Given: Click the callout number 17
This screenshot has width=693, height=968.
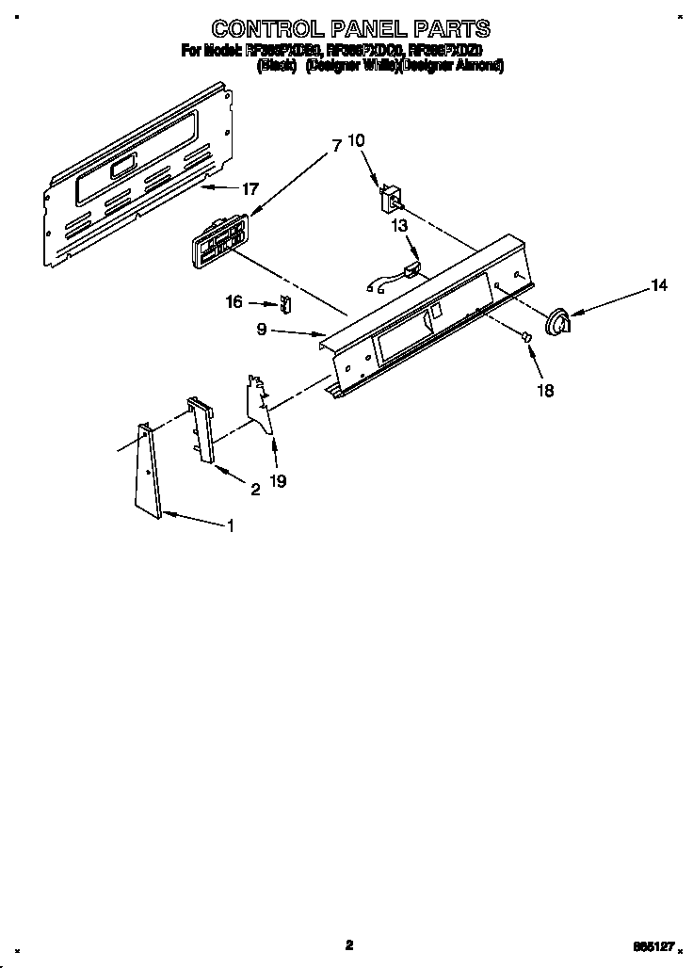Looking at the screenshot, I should [x=249, y=189].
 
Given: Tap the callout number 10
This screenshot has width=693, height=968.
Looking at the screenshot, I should [x=356, y=140].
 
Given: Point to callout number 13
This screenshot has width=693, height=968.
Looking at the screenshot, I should [x=399, y=225].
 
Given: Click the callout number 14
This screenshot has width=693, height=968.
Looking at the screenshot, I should [x=659, y=285].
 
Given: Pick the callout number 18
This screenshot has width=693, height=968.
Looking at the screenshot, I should [x=545, y=390].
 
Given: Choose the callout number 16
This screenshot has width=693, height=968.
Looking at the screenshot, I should [x=234, y=302].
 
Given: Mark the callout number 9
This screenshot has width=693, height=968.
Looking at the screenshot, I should [x=263, y=330].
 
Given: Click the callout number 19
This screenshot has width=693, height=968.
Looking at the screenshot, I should [x=278, y=480].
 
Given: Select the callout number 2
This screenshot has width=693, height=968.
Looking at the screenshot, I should [x=254, y=489].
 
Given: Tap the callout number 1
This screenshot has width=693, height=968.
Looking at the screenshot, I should [x=229, y=526].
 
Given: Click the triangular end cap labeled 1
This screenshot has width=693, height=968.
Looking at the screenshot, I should [x=149, y=471].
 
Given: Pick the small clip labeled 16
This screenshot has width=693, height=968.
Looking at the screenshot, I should [x=287, y=305].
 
